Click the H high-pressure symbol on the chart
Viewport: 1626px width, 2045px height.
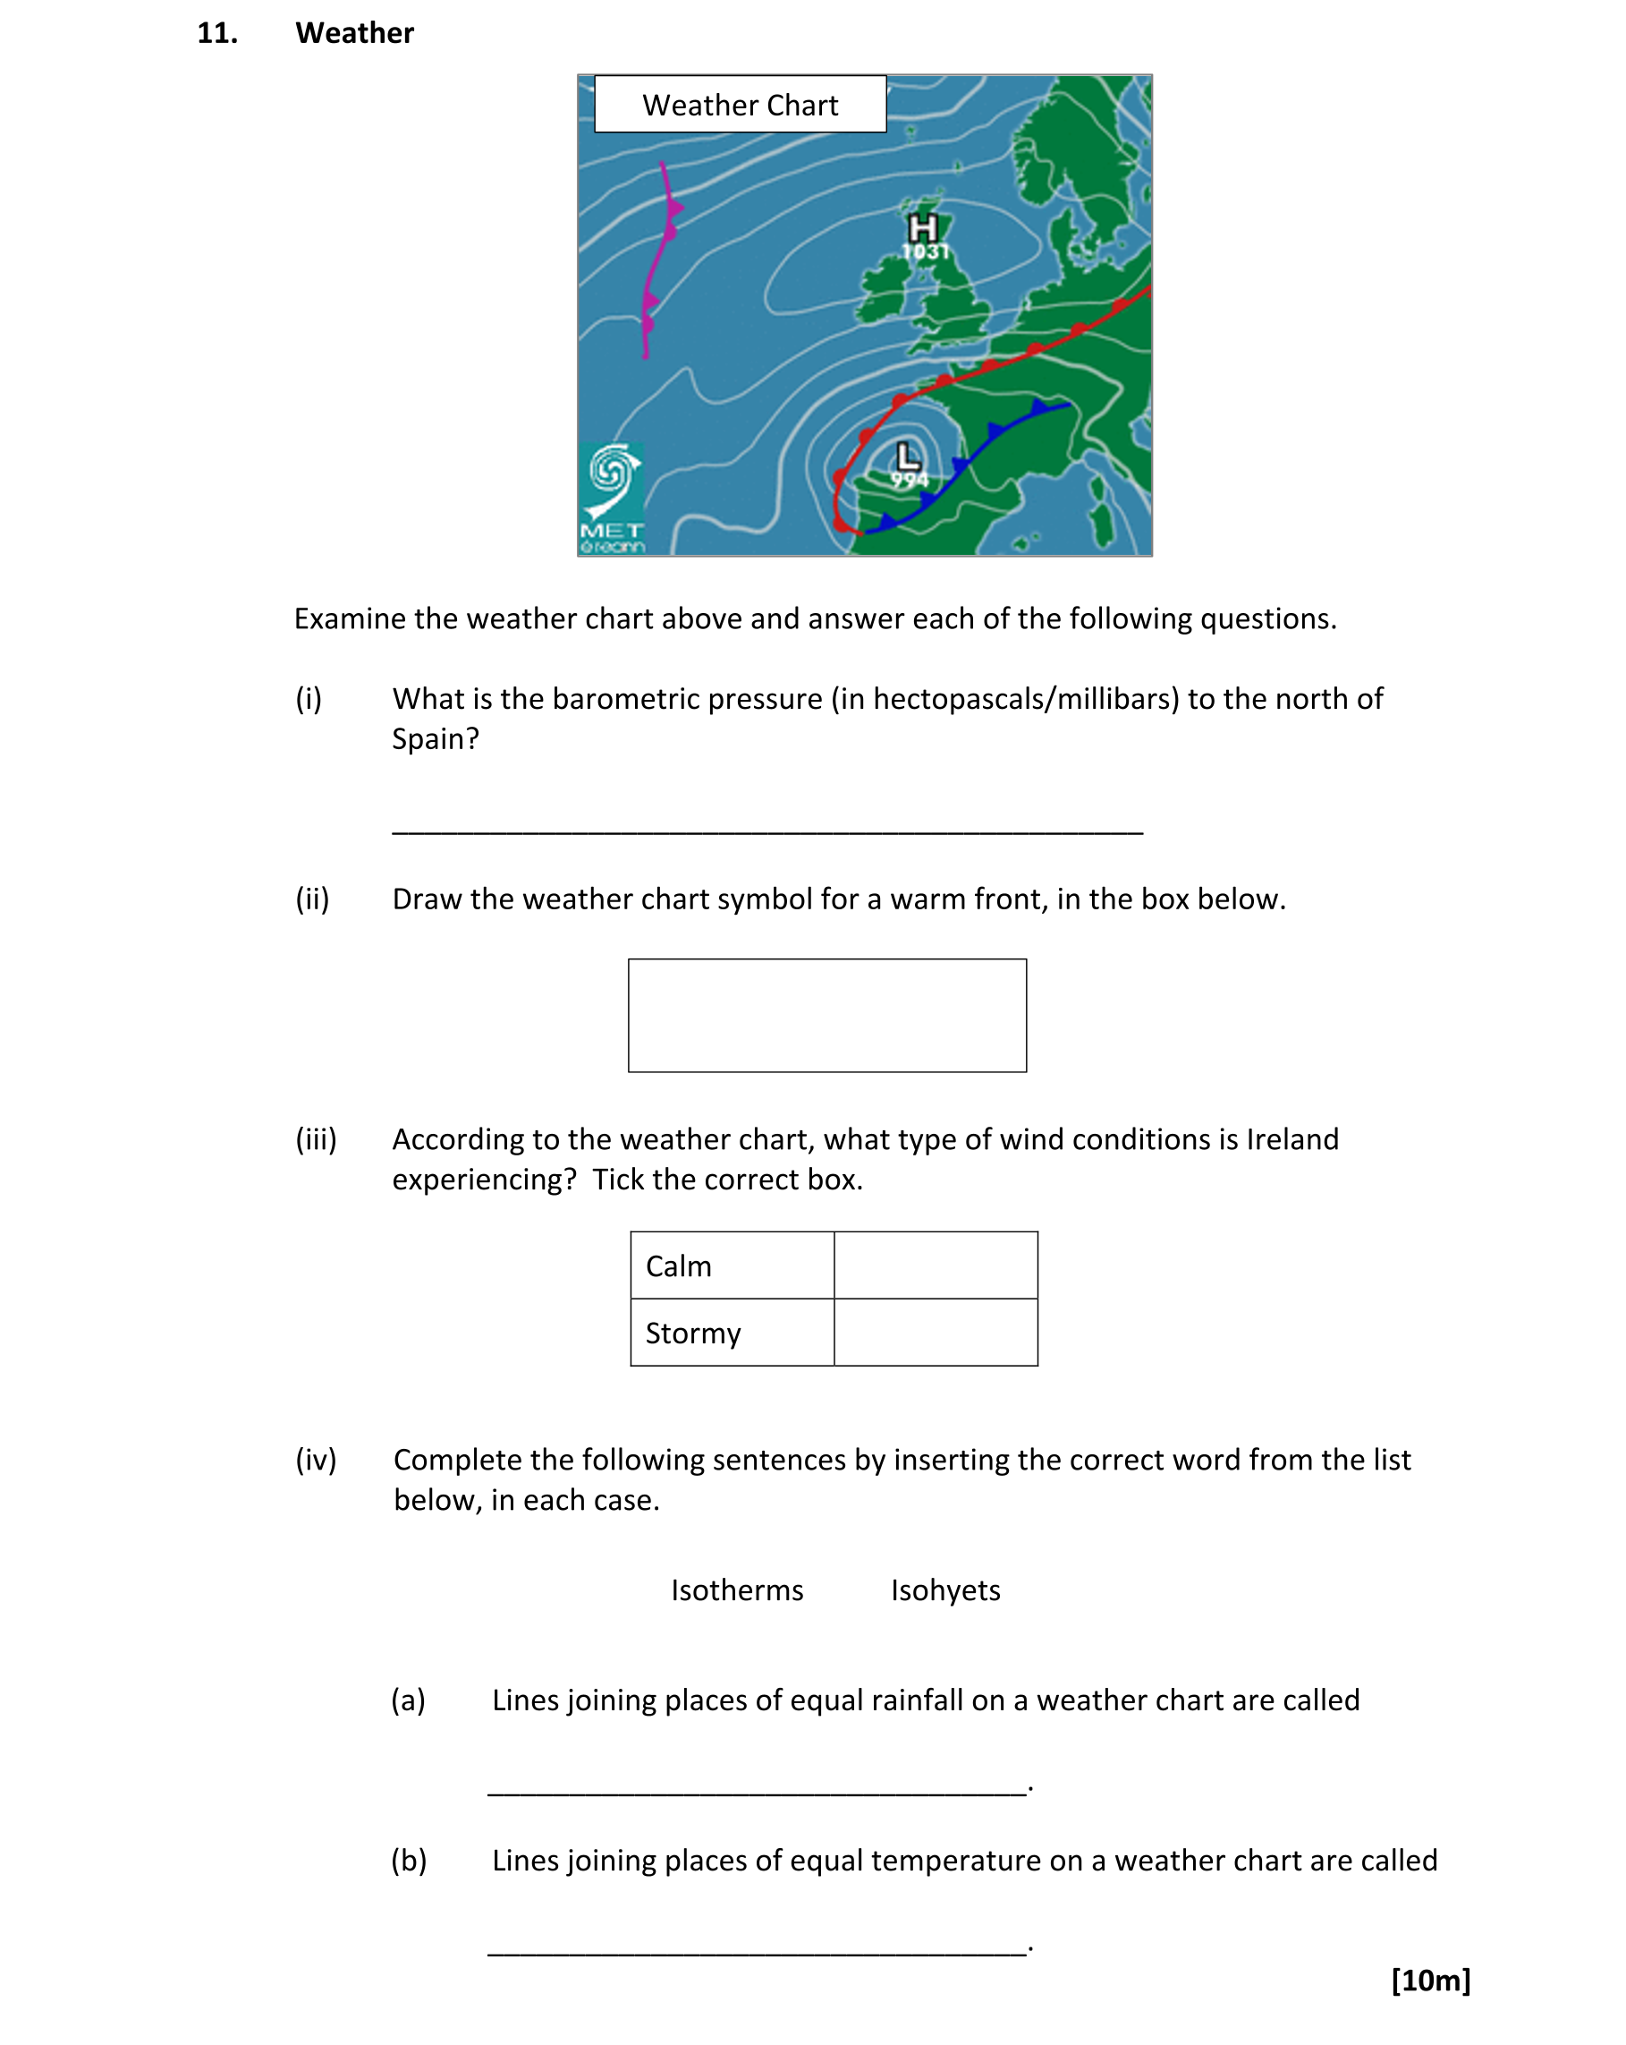(x=921, y=227)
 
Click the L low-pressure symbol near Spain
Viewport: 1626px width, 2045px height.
(x=907, y=456)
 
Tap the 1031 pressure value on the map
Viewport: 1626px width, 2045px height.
(x=925, y=251)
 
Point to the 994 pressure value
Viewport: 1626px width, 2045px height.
(x=909, y=480)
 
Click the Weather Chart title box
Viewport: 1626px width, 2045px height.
(x=740, y=105)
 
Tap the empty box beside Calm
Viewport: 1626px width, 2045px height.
(x=935, y=1265)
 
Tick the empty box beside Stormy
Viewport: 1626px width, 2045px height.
(x=935, y=1332)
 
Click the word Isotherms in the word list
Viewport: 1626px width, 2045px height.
(x=737, y=1589)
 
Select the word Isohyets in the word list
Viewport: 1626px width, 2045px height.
(x=944, y=1589)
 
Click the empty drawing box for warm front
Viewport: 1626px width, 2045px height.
(x=826, y=1015)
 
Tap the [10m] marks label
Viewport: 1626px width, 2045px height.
(x=1430, y=1980)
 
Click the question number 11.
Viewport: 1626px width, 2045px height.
(x=217, y=33)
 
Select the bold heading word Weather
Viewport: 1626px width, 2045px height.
(x=353, y=33)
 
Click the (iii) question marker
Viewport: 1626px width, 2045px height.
(x=316, y=1138)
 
